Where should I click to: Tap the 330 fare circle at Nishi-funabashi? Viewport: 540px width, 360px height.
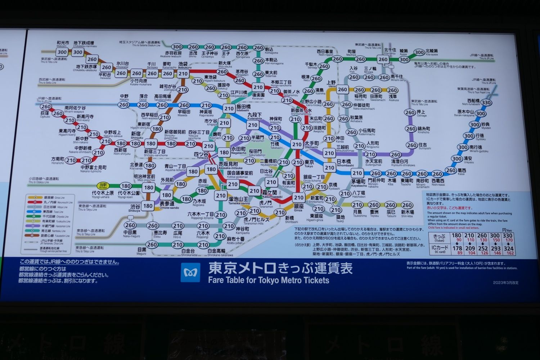pos(486,103)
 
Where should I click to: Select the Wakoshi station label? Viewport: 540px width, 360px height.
pos(62,44)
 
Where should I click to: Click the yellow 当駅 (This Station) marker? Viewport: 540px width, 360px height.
pos(104,185)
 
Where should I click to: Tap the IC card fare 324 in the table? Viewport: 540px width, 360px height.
pos(509,248)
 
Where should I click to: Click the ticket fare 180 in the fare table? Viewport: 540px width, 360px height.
pos(456,236)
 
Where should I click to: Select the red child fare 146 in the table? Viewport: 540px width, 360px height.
pos(497,253)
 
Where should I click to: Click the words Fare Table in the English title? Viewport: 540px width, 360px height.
pos(227,280)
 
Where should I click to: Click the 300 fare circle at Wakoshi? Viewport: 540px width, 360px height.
pos(62,52)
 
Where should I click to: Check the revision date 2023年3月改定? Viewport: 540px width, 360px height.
pos(506,283)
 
